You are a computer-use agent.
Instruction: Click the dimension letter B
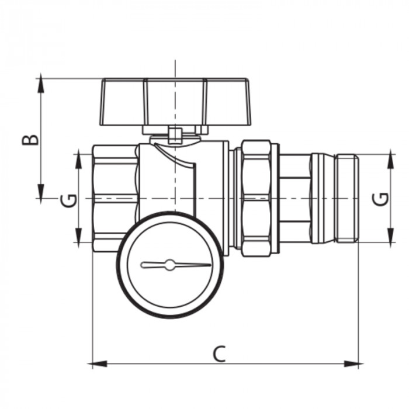click(32, 138)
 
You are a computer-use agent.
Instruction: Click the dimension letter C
click(219, 353)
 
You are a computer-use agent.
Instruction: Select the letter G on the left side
click(69, 200)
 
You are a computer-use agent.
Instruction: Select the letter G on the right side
click(381, 199)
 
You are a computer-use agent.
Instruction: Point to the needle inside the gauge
click(175, 265)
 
